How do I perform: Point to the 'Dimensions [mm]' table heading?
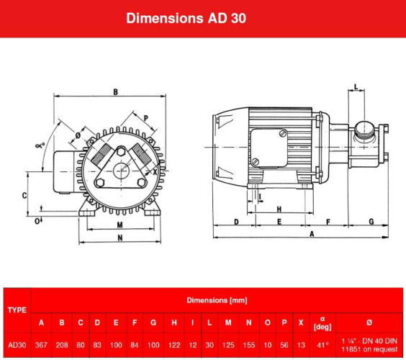217,299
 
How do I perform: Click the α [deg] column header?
322,321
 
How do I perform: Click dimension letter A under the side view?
311,235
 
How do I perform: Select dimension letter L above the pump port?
357,88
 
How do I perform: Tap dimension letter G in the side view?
371,222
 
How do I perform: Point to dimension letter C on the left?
24,195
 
